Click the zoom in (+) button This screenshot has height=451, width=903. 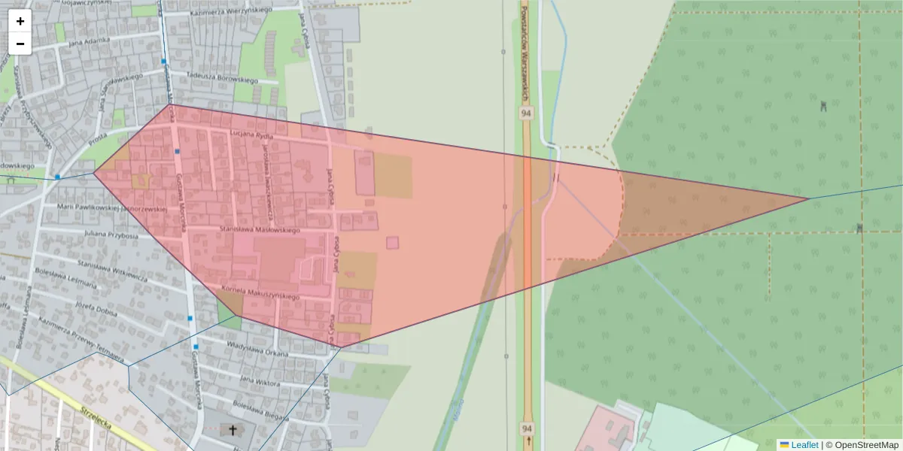click(x=20, y=21)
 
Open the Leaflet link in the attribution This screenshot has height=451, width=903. click(x=804, y=445)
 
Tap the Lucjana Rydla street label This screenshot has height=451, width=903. click(x=251, y=135)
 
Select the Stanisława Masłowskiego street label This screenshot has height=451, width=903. click(x=260, y=229)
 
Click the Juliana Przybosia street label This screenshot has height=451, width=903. click(x=112, y=235)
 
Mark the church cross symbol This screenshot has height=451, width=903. click(x=233, y=431)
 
